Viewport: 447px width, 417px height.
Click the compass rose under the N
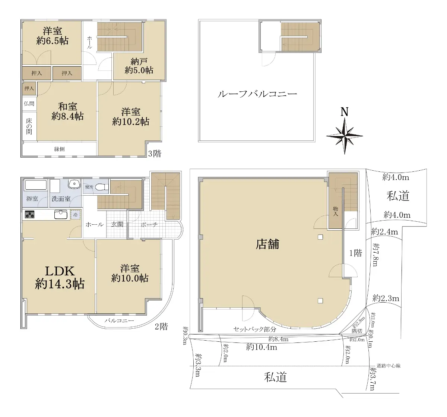click(x=344, y=136)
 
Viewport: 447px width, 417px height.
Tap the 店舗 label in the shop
click(x=267, y=244)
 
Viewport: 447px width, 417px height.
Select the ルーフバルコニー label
click(x=257, y=94)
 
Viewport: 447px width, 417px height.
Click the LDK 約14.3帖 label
click(x=60, y=277)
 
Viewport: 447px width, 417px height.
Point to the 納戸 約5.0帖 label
click(x=139, y=66)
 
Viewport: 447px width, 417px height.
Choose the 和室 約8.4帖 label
click(x=67, y=111)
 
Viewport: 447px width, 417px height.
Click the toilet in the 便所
click(x=102, y=187)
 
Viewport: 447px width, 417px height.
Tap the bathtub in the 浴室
click(x=36, y=185)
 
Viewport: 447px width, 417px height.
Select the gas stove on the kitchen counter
click(x=29, y=215)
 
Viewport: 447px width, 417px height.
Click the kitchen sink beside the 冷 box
click(x=61, y=214)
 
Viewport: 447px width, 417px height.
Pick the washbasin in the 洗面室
click(x=74, y=184)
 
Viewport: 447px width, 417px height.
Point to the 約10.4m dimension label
click(x=261, y=347)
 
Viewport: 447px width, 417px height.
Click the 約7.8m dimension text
click(x=375, y=255)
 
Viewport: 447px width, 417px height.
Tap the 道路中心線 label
click(x=389, y=366)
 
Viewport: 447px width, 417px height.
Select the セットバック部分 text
click(x=254, y=329)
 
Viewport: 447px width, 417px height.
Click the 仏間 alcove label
click(x=29, y=103)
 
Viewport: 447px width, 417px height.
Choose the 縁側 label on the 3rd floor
click(x=60, y=149)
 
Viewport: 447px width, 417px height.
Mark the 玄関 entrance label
click(x=117, y=224)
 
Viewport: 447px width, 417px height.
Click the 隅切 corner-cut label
click(x=357, y=331)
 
